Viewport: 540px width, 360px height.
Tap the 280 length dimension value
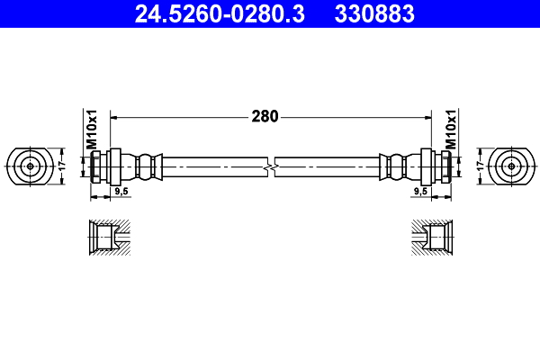[x=265, y=116]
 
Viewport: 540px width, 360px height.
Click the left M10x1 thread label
[x=91, y=130]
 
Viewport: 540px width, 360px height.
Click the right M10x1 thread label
[x=451, y=130]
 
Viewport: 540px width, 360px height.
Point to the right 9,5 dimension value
[x=419, y=192]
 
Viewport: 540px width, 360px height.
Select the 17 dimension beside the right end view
[x=481, y=166]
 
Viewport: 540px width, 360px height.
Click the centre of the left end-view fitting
[x=31, y=166]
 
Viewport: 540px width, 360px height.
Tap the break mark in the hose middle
[x=271, y=166]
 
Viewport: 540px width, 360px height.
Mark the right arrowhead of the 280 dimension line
[x=424, y=116]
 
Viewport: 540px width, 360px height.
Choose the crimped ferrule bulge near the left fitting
[x=146, y=166]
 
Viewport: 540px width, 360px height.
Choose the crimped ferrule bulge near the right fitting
[x=395, y=166]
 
